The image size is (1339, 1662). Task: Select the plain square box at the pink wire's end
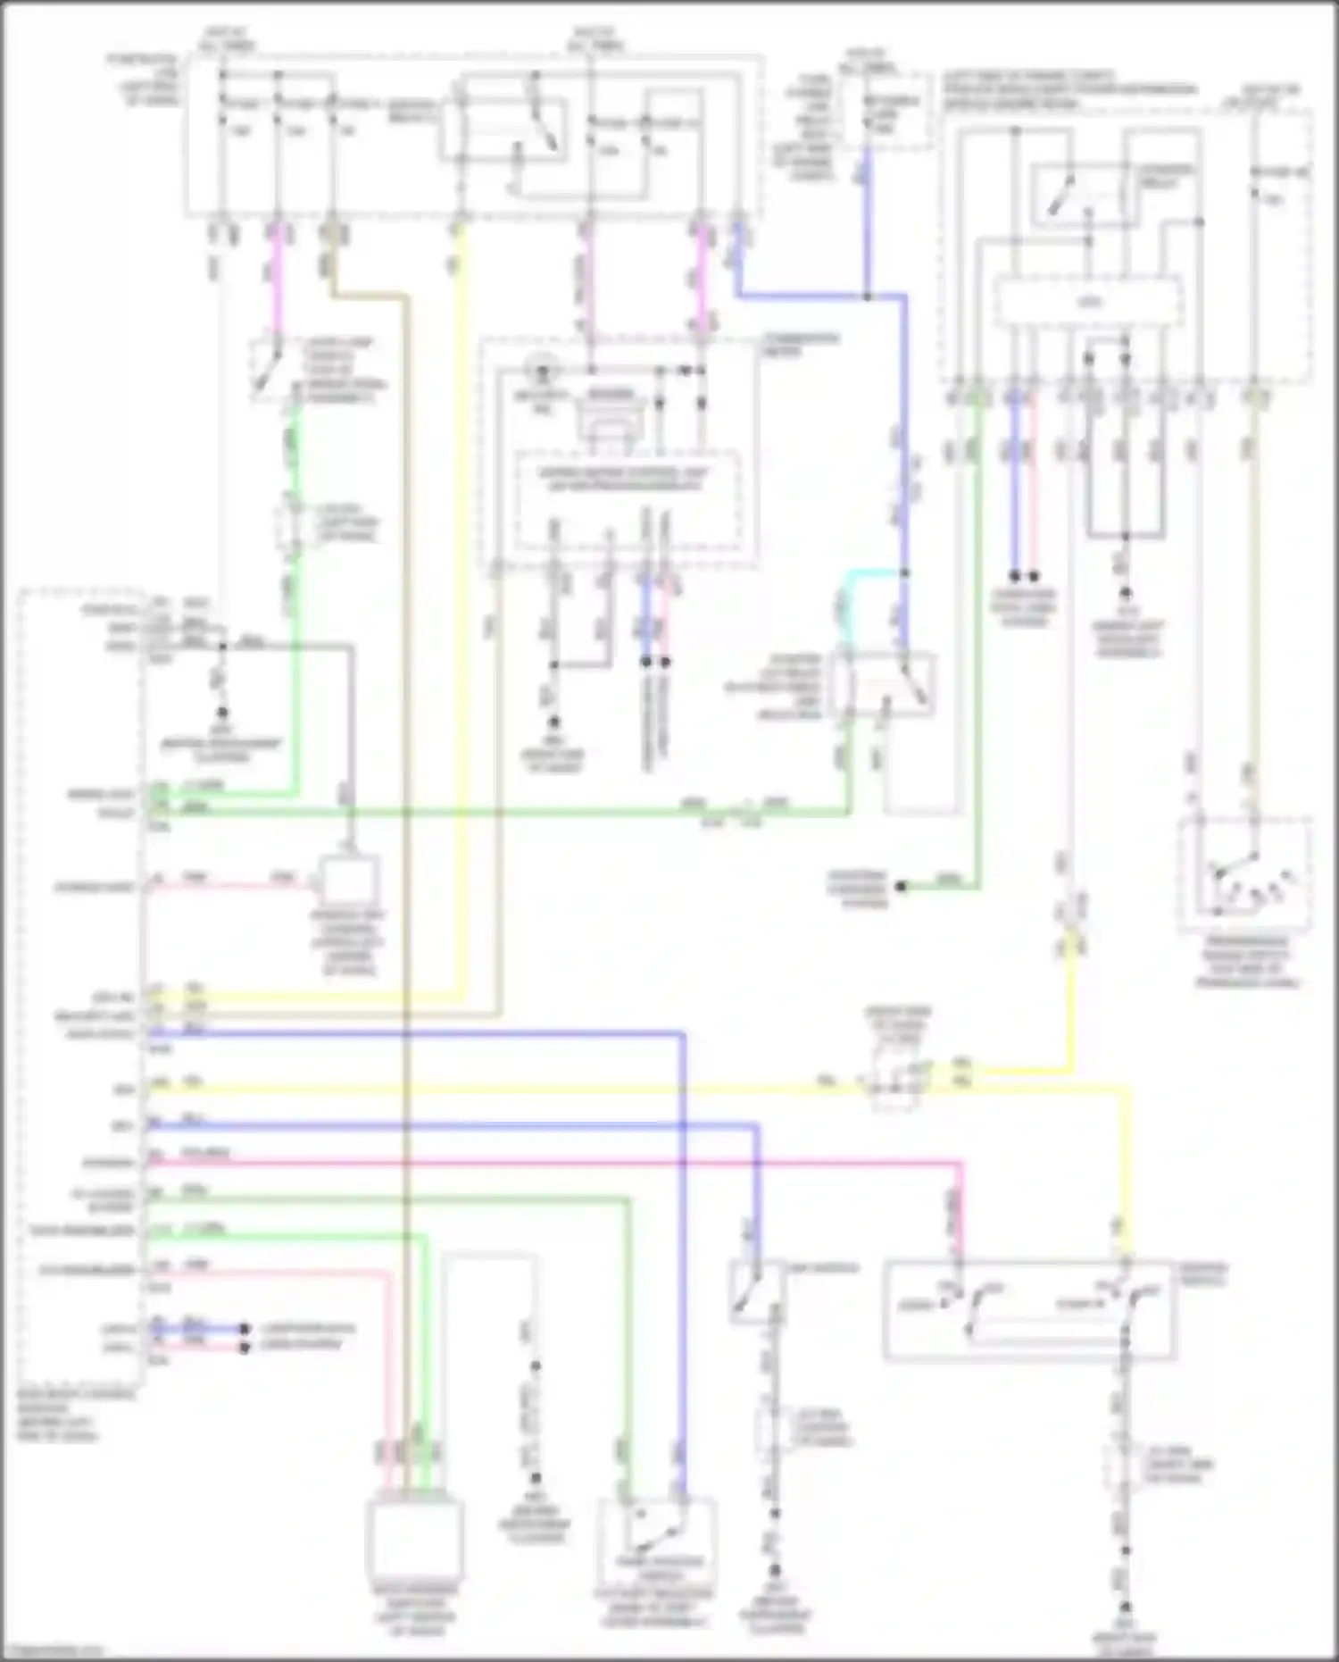pos(349,880)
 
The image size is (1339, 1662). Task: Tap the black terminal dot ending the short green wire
pos(902,887)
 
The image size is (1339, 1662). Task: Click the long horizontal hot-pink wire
pos(553,1163)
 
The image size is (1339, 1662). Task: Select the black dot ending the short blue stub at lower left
pos(244,1329)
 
